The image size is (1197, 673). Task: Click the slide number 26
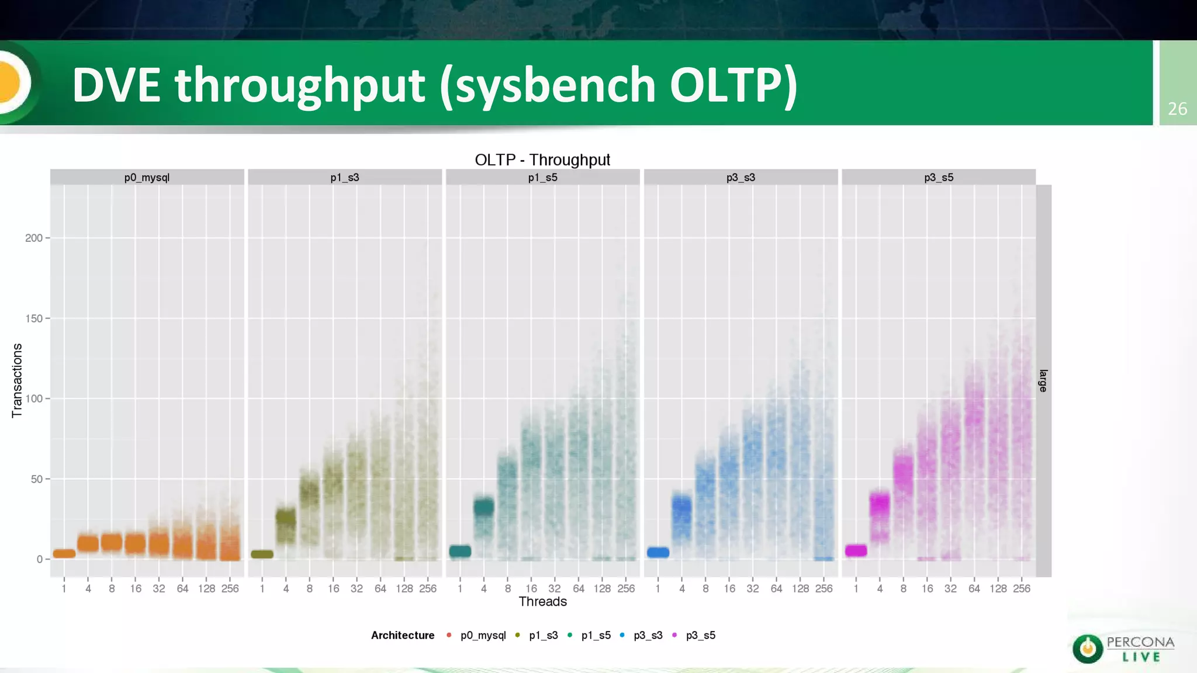click(x=1177, y=109)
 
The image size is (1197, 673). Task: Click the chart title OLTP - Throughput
click(x=542, y=160)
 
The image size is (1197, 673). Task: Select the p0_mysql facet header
click(x=147, y=178)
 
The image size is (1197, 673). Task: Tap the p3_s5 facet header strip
click(x=938, y=178)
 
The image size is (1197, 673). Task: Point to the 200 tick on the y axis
click(x=34, y=238)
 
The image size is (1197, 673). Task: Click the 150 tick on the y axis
click(x=34, y=318)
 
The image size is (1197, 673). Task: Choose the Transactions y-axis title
click(x=17, y=380)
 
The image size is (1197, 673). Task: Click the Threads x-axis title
click(x=542, y=602)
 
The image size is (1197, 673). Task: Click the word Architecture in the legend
click(x=403, y=635)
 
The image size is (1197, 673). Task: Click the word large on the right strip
click(x=1043, y=380)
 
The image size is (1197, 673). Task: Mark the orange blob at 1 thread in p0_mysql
click(x=64, y=553)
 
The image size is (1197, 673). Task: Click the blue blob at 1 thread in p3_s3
click(x=658, y=552)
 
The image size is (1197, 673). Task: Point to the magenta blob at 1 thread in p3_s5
click(x=856, y=550)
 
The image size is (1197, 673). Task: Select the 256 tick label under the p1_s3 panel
click(x=428, y=589)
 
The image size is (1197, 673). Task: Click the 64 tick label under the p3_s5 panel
click(x=974, y=589)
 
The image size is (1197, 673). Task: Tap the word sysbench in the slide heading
click(x=555, y=85)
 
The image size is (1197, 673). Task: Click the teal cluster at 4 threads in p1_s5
click(x=484, y=507)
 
